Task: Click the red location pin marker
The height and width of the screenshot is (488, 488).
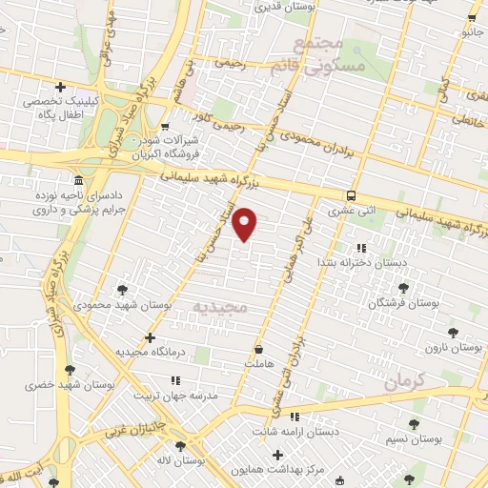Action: [246, 223]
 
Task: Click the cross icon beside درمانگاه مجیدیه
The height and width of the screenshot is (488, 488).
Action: [150, 336]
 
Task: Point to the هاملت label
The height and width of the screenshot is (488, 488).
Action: [258, 363]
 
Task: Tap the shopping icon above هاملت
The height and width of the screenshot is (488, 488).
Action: [258, 349]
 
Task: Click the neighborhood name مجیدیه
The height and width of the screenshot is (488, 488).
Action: [220, 307]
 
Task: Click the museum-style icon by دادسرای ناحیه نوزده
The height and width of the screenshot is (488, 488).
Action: [78, 180]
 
